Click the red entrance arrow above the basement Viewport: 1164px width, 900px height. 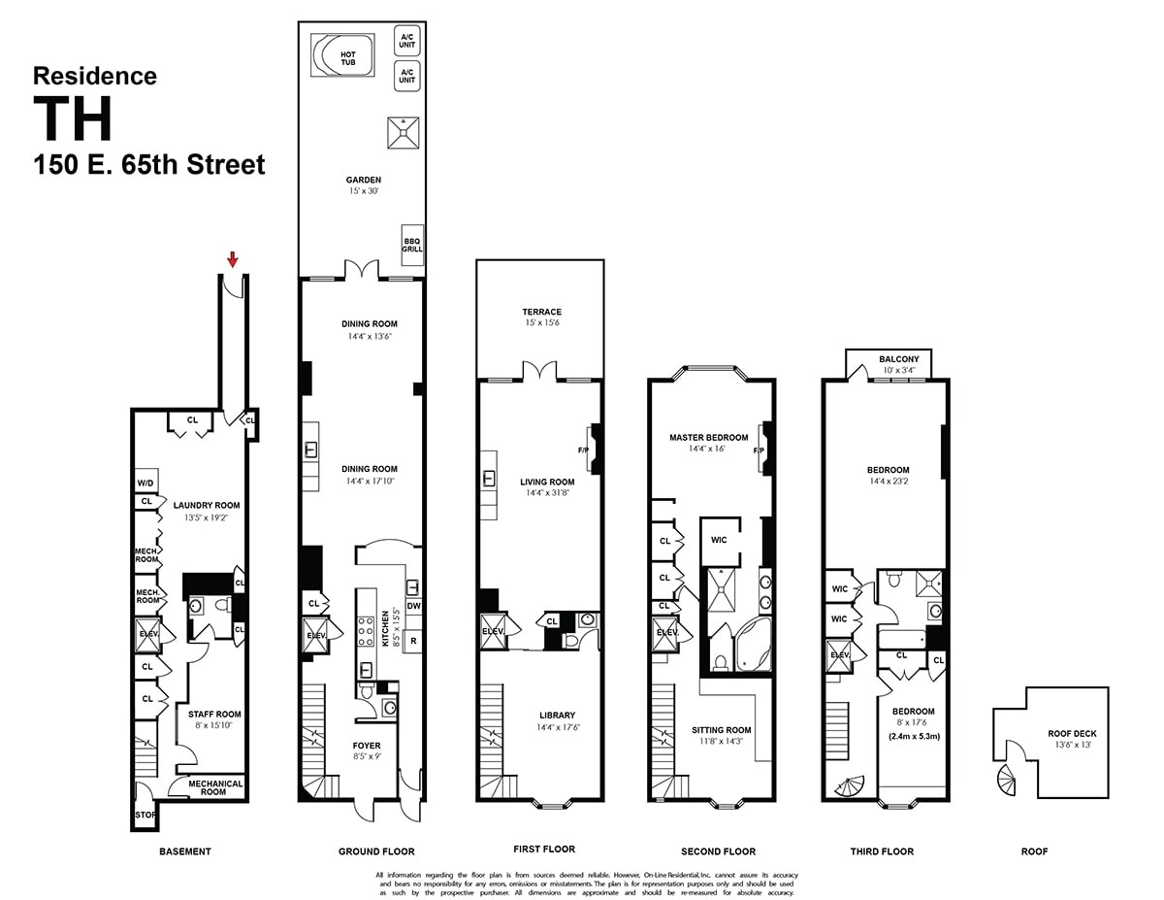pyautogui.click(x=232, y=259)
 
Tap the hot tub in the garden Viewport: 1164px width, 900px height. pyautogui.click(x=335, y=55)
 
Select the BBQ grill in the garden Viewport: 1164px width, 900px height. pyautogui.click(x=412, y=243)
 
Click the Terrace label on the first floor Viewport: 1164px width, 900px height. pyautogui.click(x=540, y=313)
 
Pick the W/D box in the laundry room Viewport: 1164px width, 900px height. pyautogui.click(x=145, y=483)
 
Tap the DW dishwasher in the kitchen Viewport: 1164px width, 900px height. pyautogui.click(x=413, y=606)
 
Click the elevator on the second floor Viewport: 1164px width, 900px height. pyautogui.click(x=666, y=633)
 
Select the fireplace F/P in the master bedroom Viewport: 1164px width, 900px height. pyautogui.click(x=760, y=450)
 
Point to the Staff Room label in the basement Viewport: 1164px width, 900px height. pyautogui.click(x=214, y=715)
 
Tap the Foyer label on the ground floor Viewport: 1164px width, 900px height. pyautogui.click(x=367, y=746)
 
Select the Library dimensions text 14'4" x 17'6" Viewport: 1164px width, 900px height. pyautogui.click(x=557, y=727)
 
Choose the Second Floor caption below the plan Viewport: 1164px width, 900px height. pyautogui.click(x=718, y=851)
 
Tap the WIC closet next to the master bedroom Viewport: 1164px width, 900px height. pyautogui.click(x=719, y=540)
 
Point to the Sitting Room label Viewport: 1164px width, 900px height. pyautogui.click(x=721, y=730)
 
